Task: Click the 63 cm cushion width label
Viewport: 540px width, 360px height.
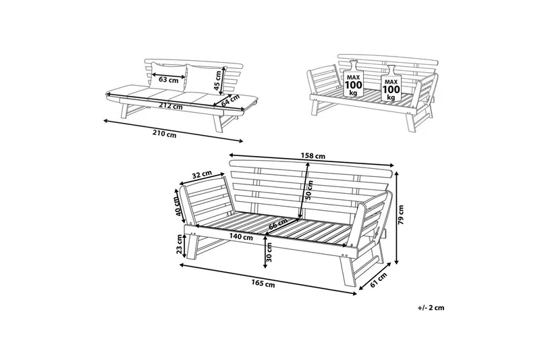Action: pos(169,80)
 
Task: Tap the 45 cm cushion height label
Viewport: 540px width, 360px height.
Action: pos(217,80)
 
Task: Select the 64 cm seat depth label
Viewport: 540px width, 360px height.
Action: pos(230,100)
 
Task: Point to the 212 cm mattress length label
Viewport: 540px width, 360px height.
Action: pos(171,106)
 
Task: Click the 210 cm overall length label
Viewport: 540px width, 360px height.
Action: pos(164,134)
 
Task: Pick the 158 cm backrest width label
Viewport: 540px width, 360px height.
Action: pos(313,156)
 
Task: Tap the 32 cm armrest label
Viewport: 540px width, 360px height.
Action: pos(202,175)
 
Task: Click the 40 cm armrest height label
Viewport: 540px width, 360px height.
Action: pos(178,207)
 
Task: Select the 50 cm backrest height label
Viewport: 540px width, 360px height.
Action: pos(308,190)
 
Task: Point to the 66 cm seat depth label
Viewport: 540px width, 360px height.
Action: pos(278,224)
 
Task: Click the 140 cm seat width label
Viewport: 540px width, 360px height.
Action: pos(241,237)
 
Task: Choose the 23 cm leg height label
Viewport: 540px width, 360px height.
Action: pos(179,245)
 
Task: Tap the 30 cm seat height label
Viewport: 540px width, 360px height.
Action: pos(269,252)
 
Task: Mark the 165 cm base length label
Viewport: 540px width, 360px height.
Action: pos(263,284)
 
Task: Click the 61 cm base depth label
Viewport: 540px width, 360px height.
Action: pos(378,279)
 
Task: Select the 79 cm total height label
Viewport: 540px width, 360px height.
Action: pos(402,215)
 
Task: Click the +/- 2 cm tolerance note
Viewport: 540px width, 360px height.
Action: pos(431,307)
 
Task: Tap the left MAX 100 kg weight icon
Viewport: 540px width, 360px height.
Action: pos(353,79)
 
